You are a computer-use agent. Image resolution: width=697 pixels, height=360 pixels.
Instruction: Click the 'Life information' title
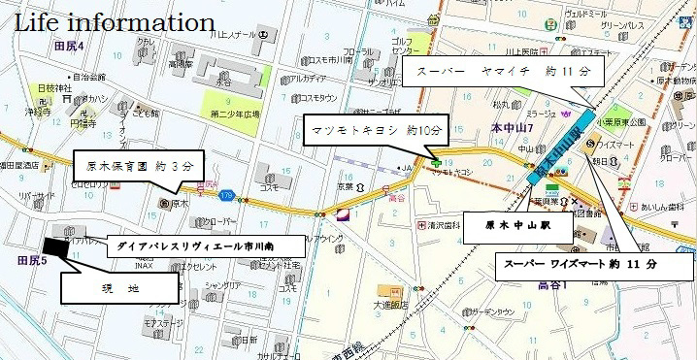pos(115,20)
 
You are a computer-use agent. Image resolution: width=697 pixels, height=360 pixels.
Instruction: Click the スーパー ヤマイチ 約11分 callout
pos(503,73)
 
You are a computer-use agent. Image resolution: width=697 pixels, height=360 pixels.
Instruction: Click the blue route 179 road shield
pos(224,194)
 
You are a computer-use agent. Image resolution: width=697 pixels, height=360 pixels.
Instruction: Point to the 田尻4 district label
pos(70,47)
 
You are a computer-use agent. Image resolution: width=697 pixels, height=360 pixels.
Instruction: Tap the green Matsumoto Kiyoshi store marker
pos(436,162)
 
